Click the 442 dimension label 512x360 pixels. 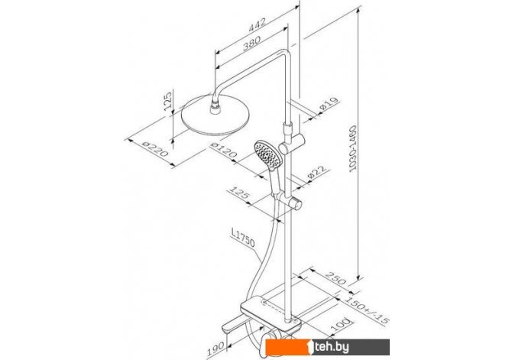(258, 24)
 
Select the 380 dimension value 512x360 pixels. (251, 43)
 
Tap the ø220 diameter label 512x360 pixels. (155, 149)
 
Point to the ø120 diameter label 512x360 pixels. (224, 150)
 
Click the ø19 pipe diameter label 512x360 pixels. (329, 104)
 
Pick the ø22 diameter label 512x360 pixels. (316, 173)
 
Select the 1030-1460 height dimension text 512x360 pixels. (353, 148)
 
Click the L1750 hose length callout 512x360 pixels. (242, 238)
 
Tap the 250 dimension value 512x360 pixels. (335, 277)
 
